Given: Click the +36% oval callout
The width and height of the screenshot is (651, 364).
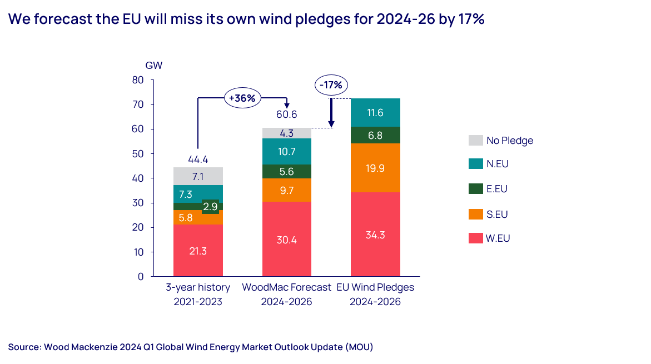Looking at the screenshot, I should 242,98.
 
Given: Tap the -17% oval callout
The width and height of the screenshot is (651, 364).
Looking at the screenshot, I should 331,86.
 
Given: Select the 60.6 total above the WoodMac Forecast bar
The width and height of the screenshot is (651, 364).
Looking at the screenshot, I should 287,115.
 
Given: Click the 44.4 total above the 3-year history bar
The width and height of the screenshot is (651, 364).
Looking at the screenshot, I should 198,159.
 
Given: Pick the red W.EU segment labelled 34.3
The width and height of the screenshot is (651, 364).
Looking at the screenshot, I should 376,235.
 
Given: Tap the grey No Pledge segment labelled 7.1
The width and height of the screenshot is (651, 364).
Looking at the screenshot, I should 198,176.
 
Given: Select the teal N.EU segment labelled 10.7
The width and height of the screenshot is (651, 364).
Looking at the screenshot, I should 287,151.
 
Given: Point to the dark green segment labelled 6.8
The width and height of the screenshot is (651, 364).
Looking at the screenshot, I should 376,135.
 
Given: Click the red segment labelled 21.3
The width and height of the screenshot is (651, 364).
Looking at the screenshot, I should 198,251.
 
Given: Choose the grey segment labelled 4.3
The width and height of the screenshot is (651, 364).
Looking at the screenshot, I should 287,133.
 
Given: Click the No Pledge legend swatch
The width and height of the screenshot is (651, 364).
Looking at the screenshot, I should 475,140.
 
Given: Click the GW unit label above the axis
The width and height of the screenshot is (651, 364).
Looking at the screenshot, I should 154,65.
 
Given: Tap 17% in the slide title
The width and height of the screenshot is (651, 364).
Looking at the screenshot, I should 471,19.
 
